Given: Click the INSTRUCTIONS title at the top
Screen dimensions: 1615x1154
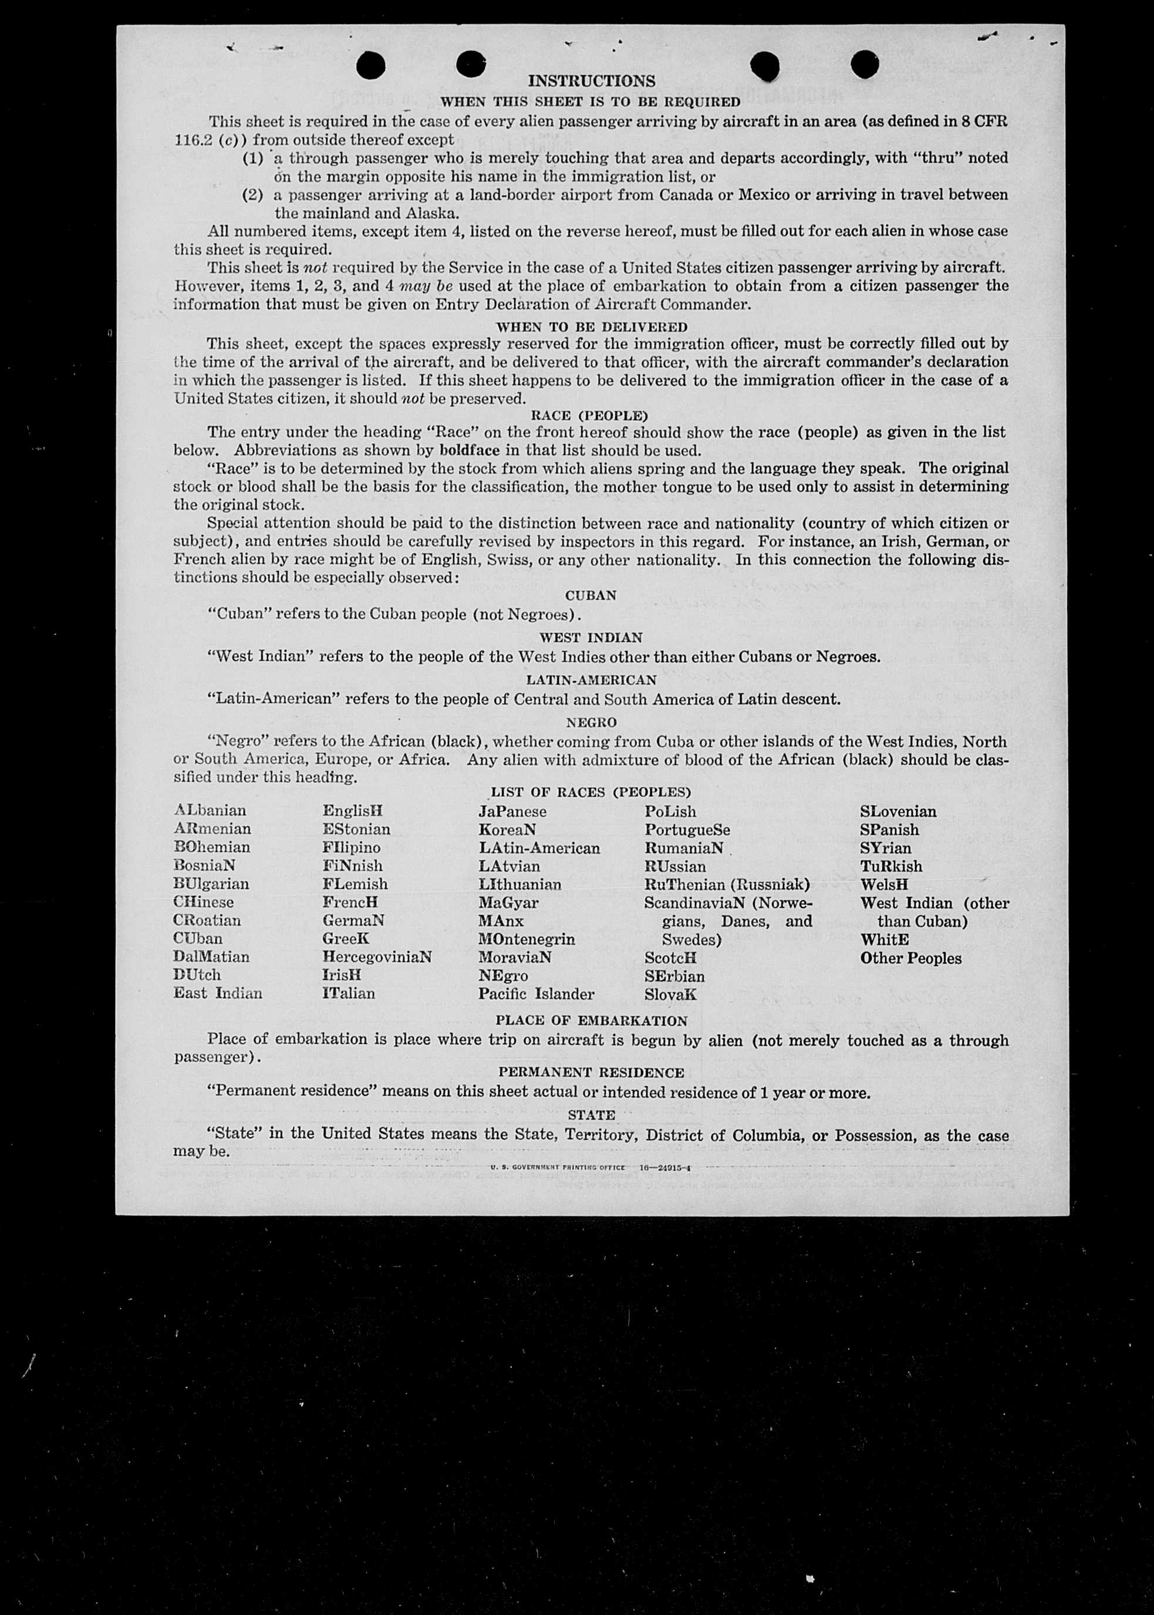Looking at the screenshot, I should (x=591, y=81).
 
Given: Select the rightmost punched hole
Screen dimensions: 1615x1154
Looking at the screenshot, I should (x=864, y=65).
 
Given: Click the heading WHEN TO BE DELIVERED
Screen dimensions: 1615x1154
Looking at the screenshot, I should (x=591, y=327).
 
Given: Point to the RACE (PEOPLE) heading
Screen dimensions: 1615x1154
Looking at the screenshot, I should (x=589, y=415).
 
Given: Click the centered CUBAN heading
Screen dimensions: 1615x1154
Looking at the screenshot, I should (x=591, y=595).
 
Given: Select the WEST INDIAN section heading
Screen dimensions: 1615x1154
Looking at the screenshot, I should (x=591, y=638).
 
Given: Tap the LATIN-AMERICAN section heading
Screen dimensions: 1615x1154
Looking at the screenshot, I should (x=591, y=680).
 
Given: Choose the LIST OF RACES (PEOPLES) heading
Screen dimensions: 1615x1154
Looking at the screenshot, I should (x=591, y=791).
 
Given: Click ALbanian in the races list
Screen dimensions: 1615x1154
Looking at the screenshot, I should (x=210, y=811).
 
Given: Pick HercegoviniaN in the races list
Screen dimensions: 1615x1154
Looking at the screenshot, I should (x=377, y=956).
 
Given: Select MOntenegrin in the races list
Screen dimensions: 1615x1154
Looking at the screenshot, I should (x=527, y=939).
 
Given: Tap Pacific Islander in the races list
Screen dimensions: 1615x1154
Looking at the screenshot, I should (x=536, y=993).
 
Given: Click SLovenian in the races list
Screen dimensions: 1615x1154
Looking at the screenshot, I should (x=898, y=811).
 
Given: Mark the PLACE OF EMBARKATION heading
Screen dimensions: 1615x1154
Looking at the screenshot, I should (x=591, y=1020).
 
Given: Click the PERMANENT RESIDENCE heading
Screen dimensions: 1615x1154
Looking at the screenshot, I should (x=591, y=1072).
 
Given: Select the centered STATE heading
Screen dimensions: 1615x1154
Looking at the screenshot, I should (x=591, y=1115).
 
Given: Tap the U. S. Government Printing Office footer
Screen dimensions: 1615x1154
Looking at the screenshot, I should (x=557, y=1168).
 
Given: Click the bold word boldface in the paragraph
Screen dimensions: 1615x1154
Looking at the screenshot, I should (x=469, y=450).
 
